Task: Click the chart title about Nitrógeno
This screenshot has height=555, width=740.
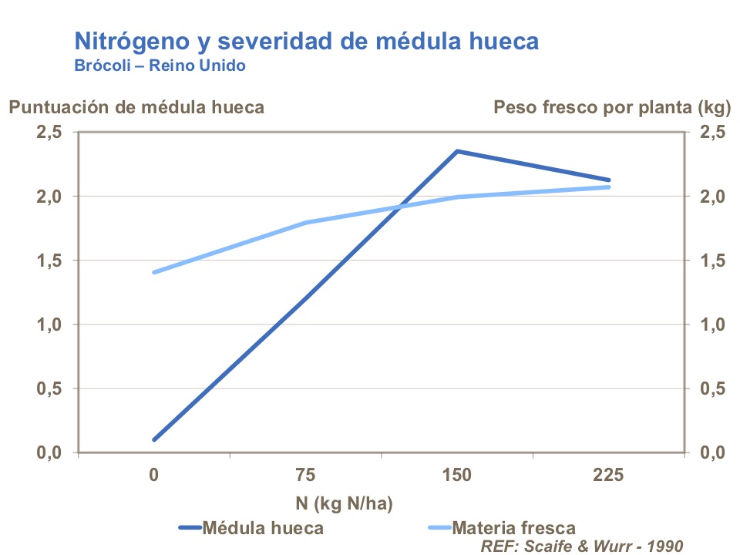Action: (306, 41)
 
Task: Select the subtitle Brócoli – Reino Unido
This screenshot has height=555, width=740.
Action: (160, 66)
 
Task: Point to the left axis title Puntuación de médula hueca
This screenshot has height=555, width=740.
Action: (136, 107)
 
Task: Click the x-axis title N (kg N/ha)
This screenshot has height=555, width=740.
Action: (344, 504)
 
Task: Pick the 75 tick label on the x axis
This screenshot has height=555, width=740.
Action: (306, 476)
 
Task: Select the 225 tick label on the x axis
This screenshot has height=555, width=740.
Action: (608, 476)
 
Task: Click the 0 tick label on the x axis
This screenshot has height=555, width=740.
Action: (154, 476)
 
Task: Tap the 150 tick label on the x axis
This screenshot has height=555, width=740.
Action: (457, 476)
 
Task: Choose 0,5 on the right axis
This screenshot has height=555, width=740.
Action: (712, 388)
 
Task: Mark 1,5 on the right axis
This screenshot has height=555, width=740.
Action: (712, 261)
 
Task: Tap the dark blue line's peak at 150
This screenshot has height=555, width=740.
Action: (457, 151)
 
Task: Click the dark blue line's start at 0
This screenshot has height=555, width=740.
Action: (154, 439)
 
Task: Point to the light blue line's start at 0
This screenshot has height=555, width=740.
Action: (154, 272)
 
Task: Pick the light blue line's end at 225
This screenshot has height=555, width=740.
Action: (608, 187)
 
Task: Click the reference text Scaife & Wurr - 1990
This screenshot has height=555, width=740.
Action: (582, 546)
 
